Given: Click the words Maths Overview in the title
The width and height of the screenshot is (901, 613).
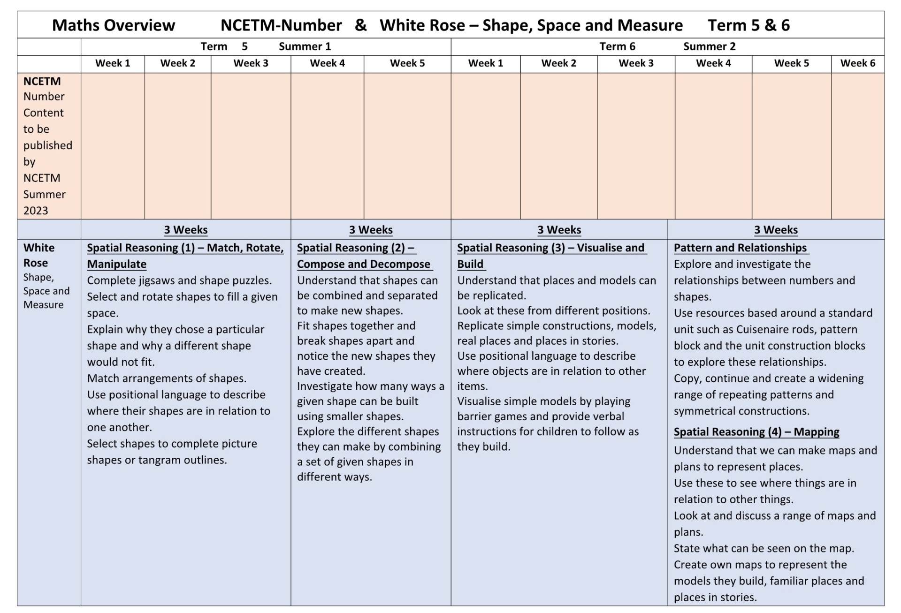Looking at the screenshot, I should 113,25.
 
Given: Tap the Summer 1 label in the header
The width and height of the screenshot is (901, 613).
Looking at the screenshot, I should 305,47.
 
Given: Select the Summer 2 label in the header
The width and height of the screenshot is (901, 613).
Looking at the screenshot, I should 709,47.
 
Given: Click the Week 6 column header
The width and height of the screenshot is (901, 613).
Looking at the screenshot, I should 857,63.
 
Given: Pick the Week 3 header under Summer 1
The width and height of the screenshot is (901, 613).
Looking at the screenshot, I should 251,63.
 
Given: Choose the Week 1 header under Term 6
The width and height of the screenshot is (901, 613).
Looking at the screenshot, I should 485,63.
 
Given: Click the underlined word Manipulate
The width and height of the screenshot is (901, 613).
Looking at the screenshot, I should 116,264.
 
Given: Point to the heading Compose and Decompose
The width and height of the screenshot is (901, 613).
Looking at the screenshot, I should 363,264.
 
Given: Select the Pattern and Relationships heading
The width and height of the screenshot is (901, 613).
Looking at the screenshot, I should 740,248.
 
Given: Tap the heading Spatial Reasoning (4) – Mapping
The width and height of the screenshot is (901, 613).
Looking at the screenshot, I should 756,431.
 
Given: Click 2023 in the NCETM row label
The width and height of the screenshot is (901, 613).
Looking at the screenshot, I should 36,211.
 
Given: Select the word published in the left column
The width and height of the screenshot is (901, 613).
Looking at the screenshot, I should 48,145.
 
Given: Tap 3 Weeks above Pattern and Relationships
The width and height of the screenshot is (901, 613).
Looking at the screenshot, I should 776,230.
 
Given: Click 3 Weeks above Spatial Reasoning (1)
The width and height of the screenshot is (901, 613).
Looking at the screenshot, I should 185,230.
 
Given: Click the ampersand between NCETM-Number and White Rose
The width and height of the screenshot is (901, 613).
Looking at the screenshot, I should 360,25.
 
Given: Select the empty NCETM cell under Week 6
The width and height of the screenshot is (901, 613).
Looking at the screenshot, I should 857,145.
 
